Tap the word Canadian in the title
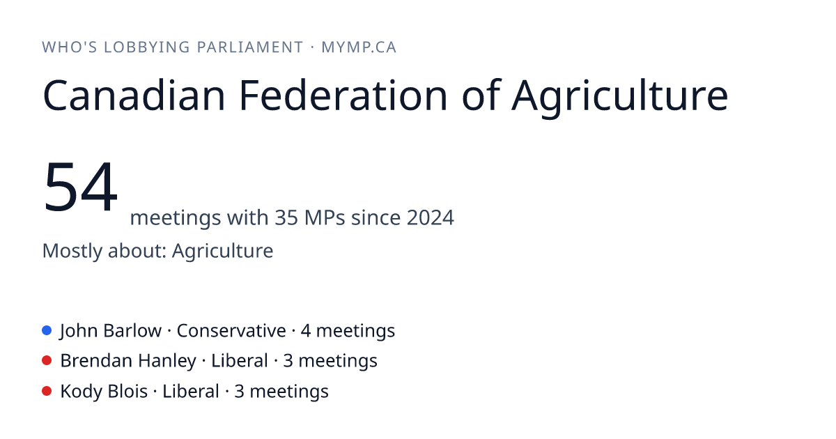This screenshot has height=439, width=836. [134, 95]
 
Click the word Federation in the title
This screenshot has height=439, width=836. [343, 95]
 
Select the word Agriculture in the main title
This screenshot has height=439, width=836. [619, 98]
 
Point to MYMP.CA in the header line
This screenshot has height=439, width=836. [359, 47]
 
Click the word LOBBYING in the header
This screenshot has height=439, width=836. [147, 47]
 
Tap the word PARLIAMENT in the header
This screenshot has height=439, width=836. [250, 47]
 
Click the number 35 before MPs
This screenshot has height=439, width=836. [286, 217]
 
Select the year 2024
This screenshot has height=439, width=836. [430, 217]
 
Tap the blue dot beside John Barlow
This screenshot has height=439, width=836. [47, 330]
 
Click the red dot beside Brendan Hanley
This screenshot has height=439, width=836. [47, 361]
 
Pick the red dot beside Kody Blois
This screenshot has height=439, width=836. [47, 391]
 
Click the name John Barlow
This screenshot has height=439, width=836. [111, 331]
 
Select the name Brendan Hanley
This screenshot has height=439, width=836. [128, 362]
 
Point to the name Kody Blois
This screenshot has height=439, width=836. [104, 392]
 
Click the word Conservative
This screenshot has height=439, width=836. [231, 331]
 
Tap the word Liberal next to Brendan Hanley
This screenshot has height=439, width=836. [240, 361]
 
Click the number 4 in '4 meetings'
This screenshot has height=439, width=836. [306, 331]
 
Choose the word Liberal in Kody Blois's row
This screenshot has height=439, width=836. [191, 392]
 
